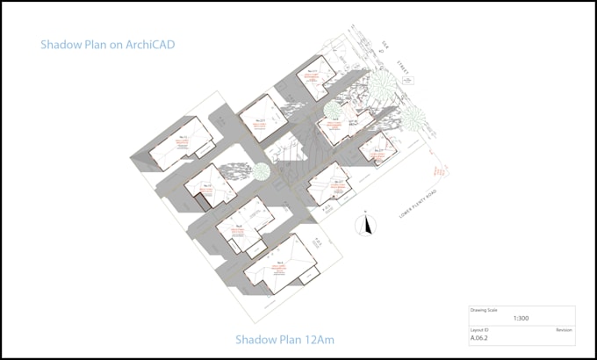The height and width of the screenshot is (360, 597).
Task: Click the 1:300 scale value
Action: click(521, 319)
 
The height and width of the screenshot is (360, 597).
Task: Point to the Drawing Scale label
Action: click(485, 310)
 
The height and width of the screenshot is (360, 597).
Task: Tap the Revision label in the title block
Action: click(564, 328)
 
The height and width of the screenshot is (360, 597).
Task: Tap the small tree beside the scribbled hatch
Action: click(262, 172)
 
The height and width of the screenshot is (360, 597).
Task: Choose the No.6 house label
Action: click(239, 226)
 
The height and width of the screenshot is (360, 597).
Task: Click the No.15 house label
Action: click(183, 138)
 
